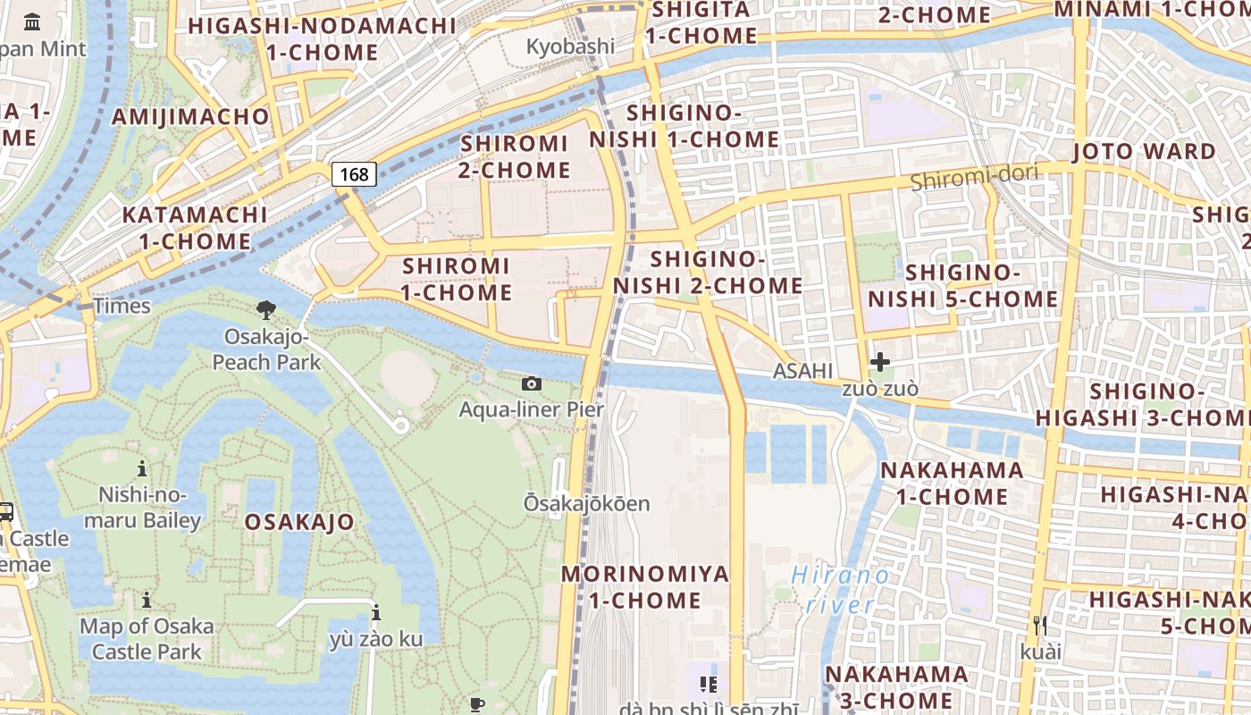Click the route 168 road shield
click(x=354, y=174)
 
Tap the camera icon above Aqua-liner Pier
click(x=532, y=384)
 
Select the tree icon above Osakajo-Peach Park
click(x=265, y=310)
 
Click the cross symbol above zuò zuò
click(x=880, y=362)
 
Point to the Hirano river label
click(x=841, y=590)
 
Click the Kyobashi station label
click(x=570, y=46)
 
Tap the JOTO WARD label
click(x=1144, y=151)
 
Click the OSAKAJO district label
click(x=299, y=522)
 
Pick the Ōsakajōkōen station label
click(x=586, y=504)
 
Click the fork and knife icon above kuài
click(x=1039, y=626)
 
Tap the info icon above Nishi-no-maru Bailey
click(x=141, y=468)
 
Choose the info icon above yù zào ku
click(x=376, y=613)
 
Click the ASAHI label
click(x=802, y=371)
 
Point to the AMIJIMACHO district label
click(x=190, y=116)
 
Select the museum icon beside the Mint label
click(x=33, y=21)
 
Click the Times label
click(x=122, y=306)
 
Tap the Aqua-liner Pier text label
click(x=532, y=409)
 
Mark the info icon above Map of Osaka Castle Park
click(x=147, y=600)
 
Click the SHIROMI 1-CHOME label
click(x=456, y=279)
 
